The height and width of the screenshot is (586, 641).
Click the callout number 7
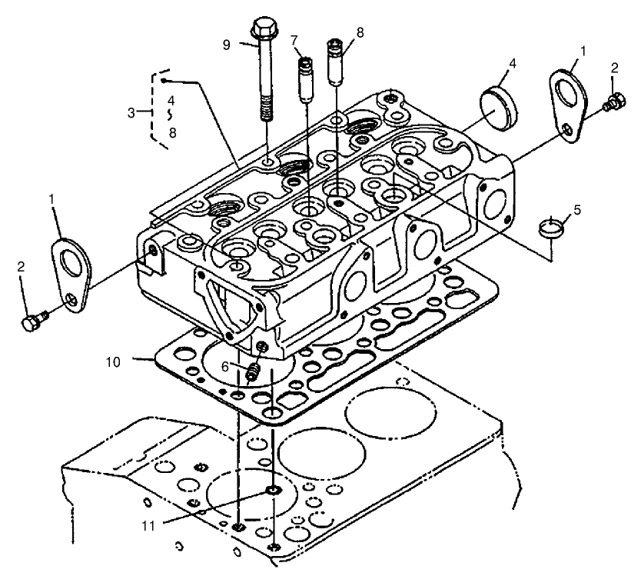click(x=294, y=39)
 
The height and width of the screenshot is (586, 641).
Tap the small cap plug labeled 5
click(x=553, y=227)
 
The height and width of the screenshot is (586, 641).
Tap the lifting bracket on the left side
click(x=71, y=270)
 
